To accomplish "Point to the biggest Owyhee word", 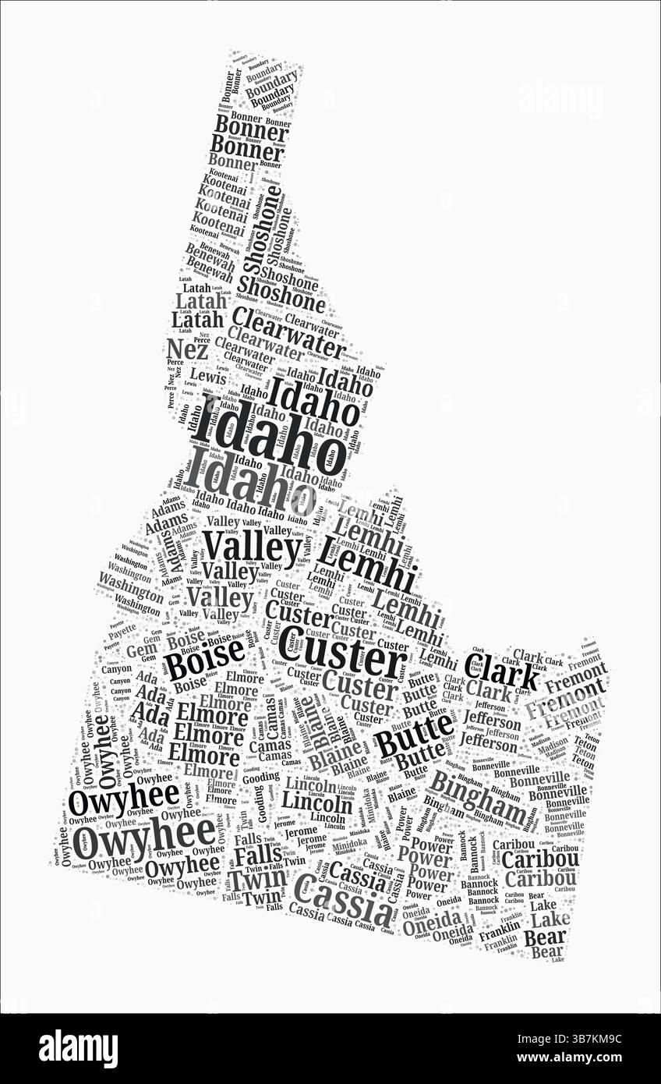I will point(148,838).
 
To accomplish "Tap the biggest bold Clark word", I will point(502,670).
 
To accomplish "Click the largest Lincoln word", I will point(316,801).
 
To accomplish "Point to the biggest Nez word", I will point(187,348).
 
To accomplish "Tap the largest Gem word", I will point(142,649).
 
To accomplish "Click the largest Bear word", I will point(545,937).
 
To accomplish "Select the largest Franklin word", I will point(499,935).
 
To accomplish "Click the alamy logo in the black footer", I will point(78,1049).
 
